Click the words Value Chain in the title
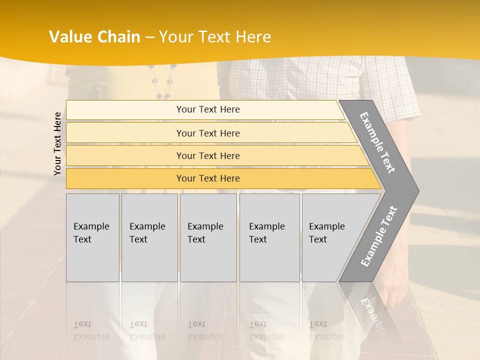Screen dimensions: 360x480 pos(94,37)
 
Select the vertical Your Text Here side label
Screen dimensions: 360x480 pos(57,143)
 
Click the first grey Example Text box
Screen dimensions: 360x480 pos(92,237)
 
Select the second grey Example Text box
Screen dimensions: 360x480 pos(149,237)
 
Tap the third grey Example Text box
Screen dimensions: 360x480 pos(207,237)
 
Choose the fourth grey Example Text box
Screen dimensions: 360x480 pos(269,237)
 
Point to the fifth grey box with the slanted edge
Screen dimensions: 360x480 pos(330,237)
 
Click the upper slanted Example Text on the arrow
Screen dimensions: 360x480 pos(377,142)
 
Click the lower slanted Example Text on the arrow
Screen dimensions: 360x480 pos(379,236)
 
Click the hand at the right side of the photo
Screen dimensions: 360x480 pos(395,280)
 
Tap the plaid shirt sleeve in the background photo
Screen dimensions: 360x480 pos(390,90)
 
